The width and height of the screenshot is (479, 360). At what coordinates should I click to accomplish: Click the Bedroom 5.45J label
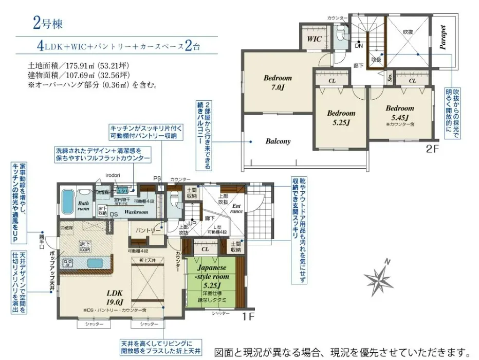(x=400, y=113)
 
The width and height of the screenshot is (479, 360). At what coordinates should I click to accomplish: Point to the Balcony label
(x=278, y=141)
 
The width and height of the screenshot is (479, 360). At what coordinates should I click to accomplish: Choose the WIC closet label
(x=315, y=39)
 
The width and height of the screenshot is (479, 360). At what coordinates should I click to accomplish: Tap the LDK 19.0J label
(x=115, y=298)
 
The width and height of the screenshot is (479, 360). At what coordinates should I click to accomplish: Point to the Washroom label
(x=136, y=211)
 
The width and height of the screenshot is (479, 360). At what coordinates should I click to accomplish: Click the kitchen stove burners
(x=69, y=263)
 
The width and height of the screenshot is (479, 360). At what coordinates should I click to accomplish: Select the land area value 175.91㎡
(x=80, y=66)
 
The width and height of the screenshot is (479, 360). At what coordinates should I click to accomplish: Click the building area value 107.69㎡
(x=80, y=76)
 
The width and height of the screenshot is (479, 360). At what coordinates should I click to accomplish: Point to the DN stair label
(x=358, y=46)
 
